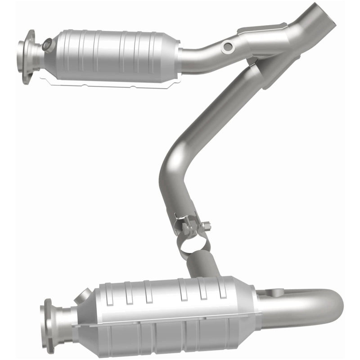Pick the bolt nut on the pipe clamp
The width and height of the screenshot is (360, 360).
[x=206, y=225]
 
